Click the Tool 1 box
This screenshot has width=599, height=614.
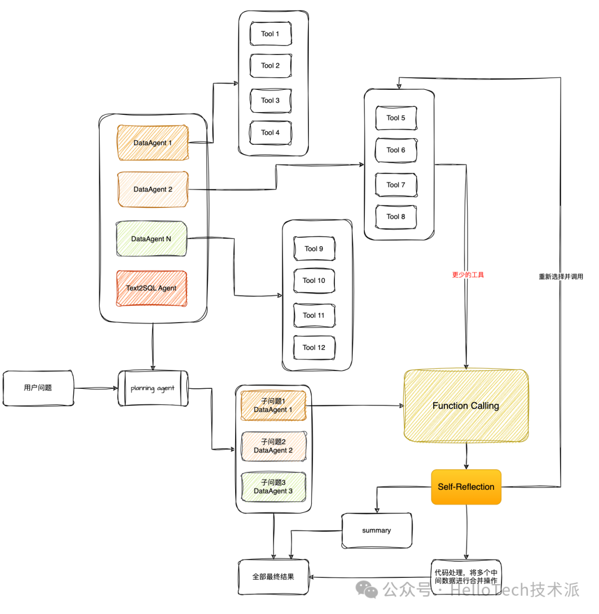(x=271, y=34)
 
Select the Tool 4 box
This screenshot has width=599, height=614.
(x=271, y=133)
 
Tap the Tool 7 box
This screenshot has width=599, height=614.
(x=396, y=185)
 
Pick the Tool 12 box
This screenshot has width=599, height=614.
(x=314, y=348)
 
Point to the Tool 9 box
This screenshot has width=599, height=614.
(x=314, y=249)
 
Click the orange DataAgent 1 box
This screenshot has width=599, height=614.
(x=153, y=143)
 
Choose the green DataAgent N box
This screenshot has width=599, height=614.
(x=151, y=239)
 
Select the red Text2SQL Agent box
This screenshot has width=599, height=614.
(x=151, y=288)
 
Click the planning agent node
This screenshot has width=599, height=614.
(x=153, y=388)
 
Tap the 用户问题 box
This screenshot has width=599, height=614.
(x=38, y=388)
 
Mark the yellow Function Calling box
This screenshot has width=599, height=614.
(x=466, y=406)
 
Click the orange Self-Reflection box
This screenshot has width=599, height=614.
(x=466, y=487)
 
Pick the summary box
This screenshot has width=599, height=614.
(x=377, y=531)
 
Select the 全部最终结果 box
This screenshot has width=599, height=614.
(x=273, y=577)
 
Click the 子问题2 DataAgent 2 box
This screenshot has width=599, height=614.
(x=273, y=446)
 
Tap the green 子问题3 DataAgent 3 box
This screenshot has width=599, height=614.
(x=273, y=487)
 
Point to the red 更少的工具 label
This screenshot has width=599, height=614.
(x=468, y=275)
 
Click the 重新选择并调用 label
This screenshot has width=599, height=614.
(x=561, y=276)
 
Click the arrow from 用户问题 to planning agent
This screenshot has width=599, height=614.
(x=96, y=388)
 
